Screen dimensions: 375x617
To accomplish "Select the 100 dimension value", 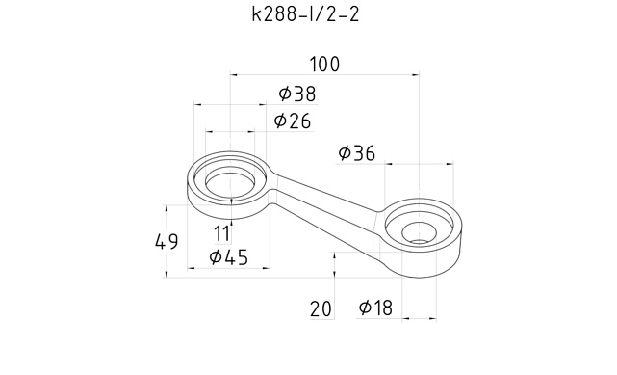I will point(324,65).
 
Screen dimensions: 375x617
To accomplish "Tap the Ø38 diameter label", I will point(296,94).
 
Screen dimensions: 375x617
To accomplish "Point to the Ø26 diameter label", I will point(292,121).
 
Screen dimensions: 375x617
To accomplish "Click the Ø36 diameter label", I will point(357,153).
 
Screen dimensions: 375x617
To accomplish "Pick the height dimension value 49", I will point(167,242).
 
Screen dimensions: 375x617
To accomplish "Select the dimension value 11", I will point(222,233).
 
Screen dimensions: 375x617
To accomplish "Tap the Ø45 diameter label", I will point(229,257).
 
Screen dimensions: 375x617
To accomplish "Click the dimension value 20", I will point(321,309).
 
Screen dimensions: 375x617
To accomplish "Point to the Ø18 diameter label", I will point(375,308).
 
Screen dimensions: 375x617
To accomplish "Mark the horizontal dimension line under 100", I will point(324,75).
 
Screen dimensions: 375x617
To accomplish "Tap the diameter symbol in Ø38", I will point(286,94).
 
